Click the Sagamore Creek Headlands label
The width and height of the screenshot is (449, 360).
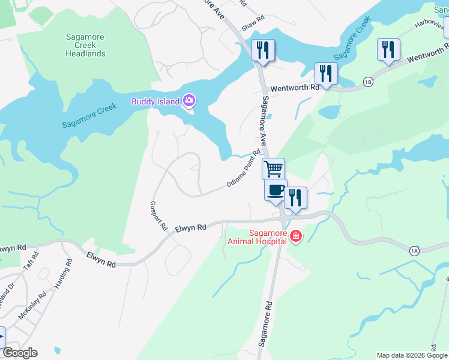click(x=85, y=45)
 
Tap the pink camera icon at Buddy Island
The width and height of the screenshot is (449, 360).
click(x=189, y=101)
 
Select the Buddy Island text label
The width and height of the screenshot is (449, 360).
click(x=155, y=101)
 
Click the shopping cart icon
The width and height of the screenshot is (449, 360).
click(x=273, y=169)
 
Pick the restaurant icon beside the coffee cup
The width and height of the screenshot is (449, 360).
click(x=295, y=197)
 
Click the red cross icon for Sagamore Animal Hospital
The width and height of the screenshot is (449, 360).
click(x=295, y=237)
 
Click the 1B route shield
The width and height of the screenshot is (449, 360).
click(x=368, y=82)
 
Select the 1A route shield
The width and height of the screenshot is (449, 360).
click(x=414, y=250)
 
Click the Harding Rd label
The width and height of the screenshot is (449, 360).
click(x=64, y=275)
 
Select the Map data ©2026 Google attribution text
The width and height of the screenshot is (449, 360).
click(x=411, y=355)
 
